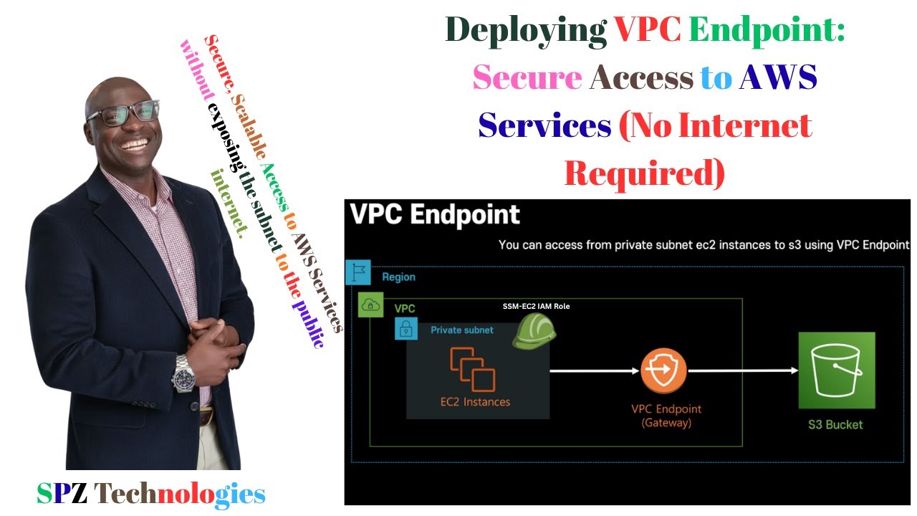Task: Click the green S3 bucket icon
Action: click(x=837, y=371)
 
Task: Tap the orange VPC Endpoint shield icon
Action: click(x=663, y=371)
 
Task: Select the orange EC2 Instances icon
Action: click(x=473, y=369)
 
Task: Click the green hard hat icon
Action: click(x=534, y=331)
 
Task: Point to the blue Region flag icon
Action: click(x=358, y=272)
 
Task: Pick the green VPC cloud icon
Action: click(x=370, y=305)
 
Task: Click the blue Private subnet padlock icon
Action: click(x=406, y=328)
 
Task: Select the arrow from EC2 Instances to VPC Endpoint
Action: click(x=595, y=371)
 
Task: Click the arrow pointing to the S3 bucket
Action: click(x=744, y=371)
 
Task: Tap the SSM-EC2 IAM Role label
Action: click(x=536, y=306)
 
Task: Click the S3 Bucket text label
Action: click(x=835, y=425)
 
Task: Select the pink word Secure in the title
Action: click(x=527, y=77)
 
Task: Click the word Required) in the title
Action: click(x=644, y=173)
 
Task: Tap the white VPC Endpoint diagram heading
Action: click(x=435, y=214)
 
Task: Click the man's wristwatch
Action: click(x=183, y=374)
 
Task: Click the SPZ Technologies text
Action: click(x=151, y=494)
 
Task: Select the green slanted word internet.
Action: click(x=229, y=204)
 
